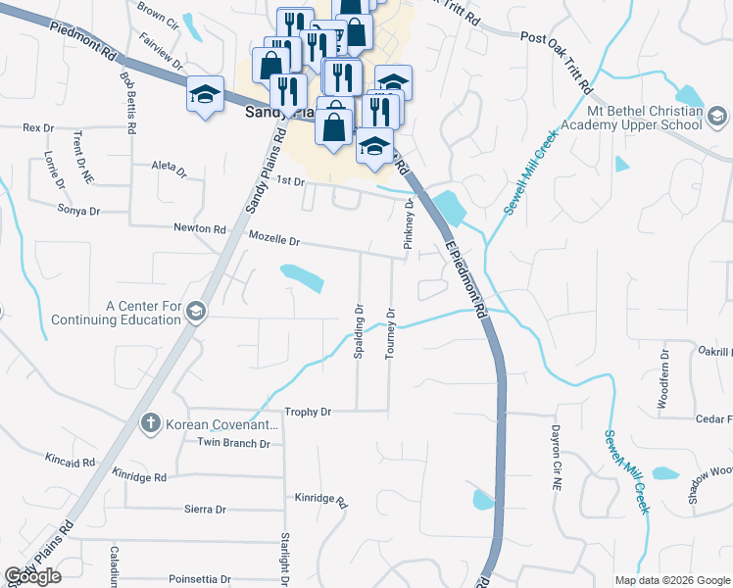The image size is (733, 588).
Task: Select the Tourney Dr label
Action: pyautogui.click(x=390, y=334)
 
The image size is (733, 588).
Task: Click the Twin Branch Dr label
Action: pyautogui.click(x=233, y=443)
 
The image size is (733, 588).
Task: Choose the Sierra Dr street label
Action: pyautogui.click(x=205, y=510)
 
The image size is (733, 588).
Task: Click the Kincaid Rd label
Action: pyautogui.click(x=70, y=459)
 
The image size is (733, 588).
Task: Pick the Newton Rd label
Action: pyautogui.click(x=199, y=228)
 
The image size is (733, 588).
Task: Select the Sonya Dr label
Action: pyautogui.click(x=79, y=211)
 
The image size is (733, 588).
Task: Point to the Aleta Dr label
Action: pyautogui.click(x=169, y=170)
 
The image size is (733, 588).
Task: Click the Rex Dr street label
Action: pyautogui.click(x=37, y=127)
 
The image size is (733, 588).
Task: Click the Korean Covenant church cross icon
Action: pyautogui.click(x=150, y=423)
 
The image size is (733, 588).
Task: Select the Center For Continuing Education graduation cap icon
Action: pyautogui.click(x=194, y=312)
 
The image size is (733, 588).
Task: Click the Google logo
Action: pyautogui.click(x=32, y=576)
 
